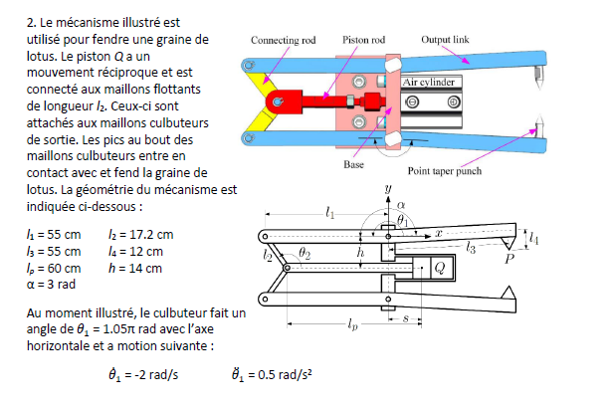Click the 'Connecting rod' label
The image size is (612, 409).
285,41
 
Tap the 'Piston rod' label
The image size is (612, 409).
363,41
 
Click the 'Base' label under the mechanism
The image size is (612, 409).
354,163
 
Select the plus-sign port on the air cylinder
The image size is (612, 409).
453,102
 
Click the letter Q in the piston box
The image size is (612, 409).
439,268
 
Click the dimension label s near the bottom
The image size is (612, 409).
407,316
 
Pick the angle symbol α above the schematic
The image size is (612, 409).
401,202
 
